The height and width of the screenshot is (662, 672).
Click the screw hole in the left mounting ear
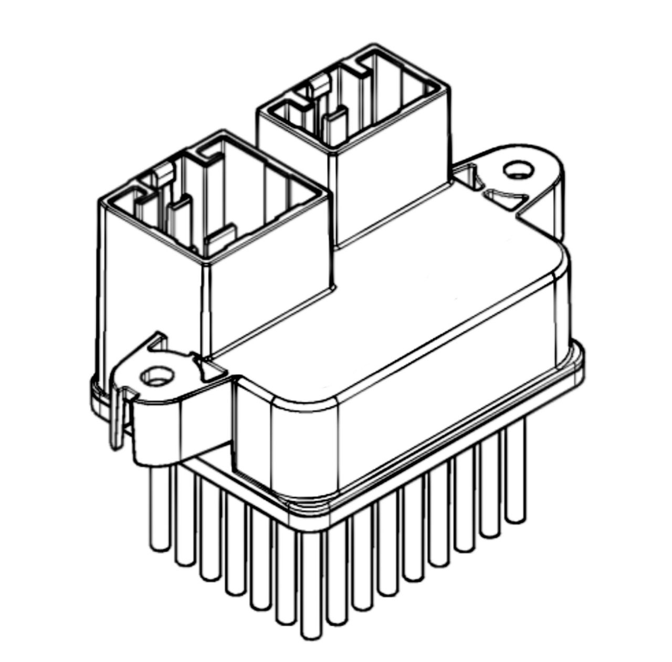(x=155, y=375)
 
